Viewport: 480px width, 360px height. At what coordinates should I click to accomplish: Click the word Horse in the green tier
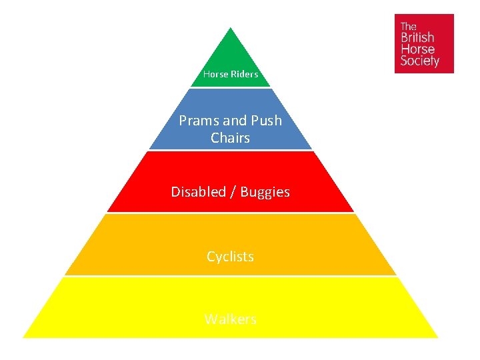[216, 74]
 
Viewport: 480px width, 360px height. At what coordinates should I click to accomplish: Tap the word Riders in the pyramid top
[244, 74]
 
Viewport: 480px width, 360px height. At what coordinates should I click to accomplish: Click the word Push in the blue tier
[266, 121]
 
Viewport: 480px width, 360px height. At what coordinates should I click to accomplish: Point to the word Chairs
[230, 138]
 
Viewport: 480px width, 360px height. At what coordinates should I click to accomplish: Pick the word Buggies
[265, 192]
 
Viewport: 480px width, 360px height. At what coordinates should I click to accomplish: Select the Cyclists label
[230, 256]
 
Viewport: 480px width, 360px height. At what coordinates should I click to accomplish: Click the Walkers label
[230, 319]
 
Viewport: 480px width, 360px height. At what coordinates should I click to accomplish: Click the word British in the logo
[417, 37]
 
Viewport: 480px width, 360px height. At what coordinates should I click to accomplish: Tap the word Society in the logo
[419, 61]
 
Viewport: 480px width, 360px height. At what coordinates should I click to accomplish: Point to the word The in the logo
[407, 26]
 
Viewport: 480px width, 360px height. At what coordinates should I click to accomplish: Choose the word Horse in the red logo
[417, 49]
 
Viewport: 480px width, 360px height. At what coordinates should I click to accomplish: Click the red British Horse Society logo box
[424, 43]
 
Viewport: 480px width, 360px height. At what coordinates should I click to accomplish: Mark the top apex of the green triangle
[230, 29]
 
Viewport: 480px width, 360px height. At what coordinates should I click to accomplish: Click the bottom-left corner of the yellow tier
[25, 336]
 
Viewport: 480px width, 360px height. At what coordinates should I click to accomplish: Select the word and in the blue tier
[234, 121]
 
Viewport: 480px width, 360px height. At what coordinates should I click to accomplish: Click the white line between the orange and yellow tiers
[230, 276]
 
